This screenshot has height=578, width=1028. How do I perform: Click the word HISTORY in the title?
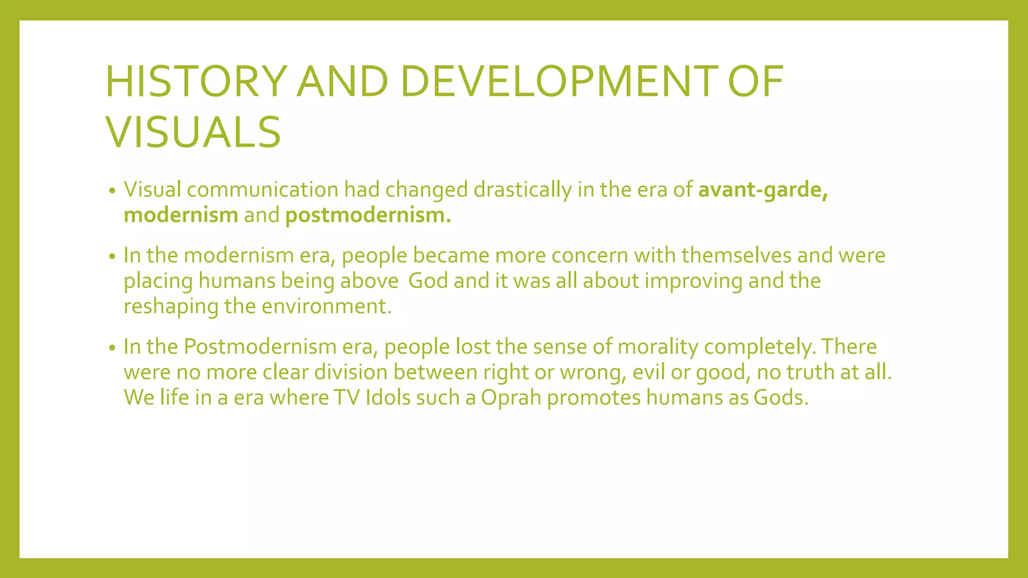tap(196, 81)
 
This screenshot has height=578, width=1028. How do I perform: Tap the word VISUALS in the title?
tap(193, 132)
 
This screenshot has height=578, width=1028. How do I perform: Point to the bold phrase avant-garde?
tap(762, 190)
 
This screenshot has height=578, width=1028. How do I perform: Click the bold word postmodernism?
tap(368, 215)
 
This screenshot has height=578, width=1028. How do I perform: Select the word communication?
tap(263, 190)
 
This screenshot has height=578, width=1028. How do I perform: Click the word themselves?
tap(736, 255)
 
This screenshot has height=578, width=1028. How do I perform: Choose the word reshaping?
tap(171, 307)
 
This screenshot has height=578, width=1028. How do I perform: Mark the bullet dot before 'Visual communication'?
tap(112, 191)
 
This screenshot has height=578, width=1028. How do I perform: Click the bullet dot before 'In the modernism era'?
tap(112, 257)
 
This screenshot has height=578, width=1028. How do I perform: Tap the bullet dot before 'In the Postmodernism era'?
tap(112, 348)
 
